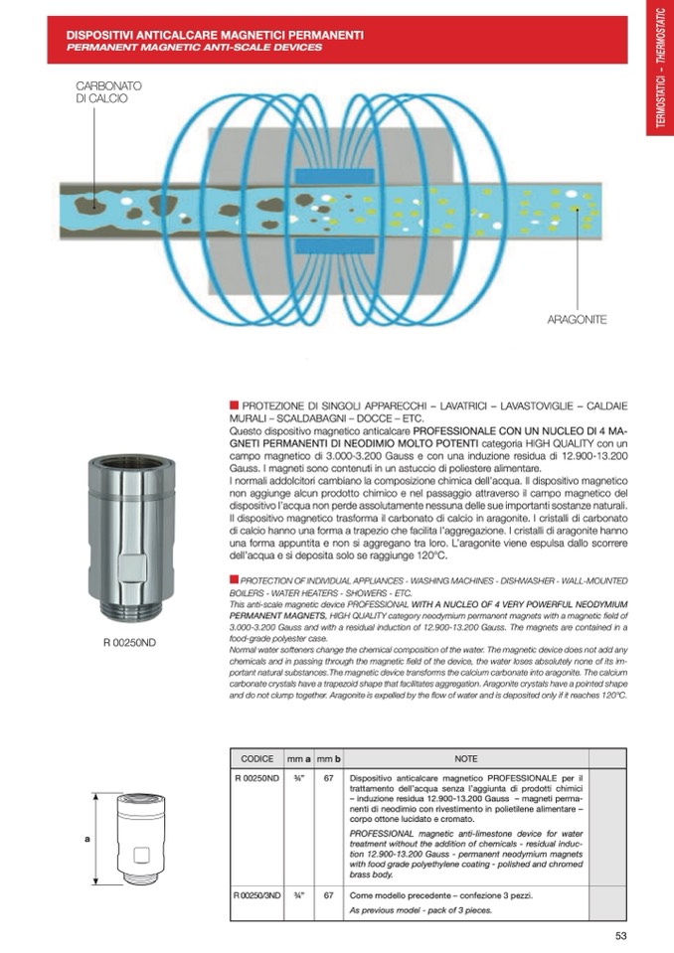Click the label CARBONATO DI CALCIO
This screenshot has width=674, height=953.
tap(108, 92)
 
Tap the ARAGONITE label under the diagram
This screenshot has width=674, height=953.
tap(577, 320)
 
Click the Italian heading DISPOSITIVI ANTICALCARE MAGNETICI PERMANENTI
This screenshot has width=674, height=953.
tap(214, 35)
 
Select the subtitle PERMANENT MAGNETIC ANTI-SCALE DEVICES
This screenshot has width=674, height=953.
tap(194, 48)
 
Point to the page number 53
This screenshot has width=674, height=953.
tap(621, 934)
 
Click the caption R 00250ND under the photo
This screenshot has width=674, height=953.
tap(129, 642)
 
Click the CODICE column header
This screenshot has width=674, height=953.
tap(256, 758)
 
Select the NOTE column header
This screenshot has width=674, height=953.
tap(466, 758)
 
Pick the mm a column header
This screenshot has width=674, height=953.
tap(299, 758)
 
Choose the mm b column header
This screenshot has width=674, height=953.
tap(329, 758)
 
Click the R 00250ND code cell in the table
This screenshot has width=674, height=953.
tap(256, 777)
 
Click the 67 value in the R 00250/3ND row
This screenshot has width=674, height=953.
tap(328, 895)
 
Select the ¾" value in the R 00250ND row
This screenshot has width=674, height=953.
tap(298, 777)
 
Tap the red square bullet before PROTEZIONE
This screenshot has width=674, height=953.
tap(234, 404)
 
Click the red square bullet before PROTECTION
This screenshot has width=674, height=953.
tap(234, 579)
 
